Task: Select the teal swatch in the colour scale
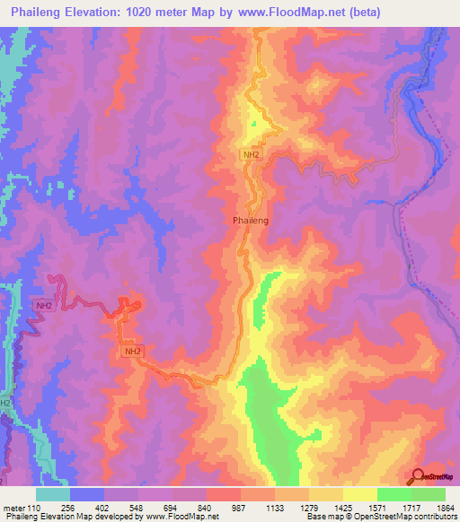pos(53,494)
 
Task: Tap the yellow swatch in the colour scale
pos(360,494)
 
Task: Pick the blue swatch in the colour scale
pos(87,494)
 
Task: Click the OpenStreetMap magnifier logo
pos(418,476)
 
